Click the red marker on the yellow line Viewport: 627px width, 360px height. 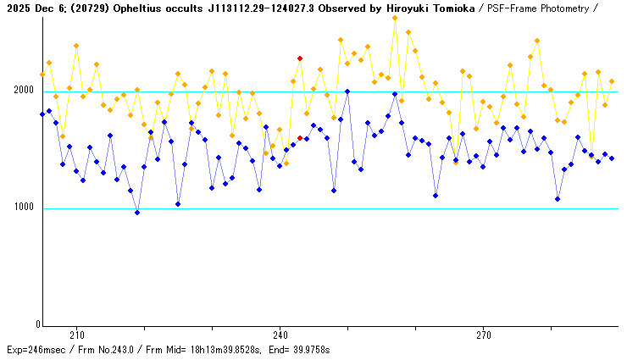point(300,58)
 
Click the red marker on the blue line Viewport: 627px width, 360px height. point(300,138)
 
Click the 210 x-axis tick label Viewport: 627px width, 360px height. point(76,335)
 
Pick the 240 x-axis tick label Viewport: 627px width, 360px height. point(280,335)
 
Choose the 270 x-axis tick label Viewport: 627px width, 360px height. point(484,335)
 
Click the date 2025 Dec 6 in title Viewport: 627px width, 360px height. point(31,8)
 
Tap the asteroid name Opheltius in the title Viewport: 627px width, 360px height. point(134,8)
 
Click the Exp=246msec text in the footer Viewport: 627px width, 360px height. point(35,350)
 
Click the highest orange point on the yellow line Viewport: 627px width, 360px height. point(395,18)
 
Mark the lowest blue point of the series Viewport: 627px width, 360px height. point(137,213)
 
